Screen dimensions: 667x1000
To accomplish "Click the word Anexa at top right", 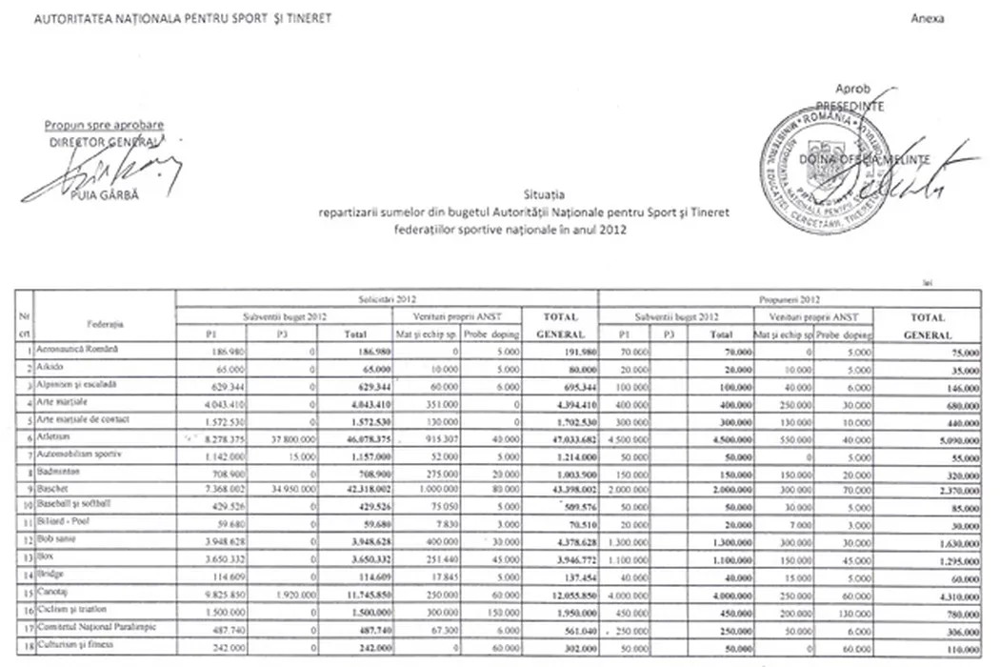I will tap(928, 19).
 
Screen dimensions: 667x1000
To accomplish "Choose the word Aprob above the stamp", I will tap(853, 89).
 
